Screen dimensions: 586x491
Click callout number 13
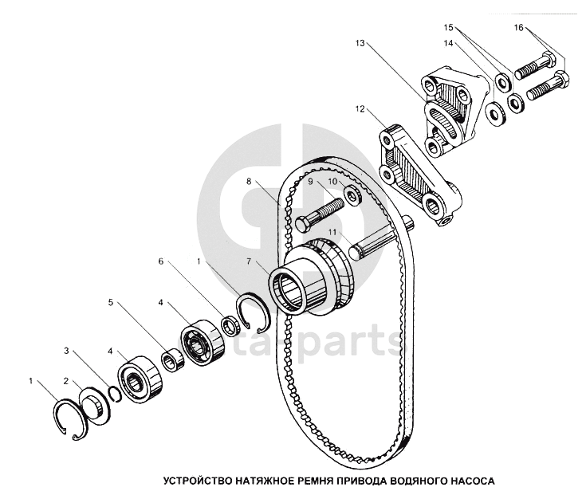(360, 43)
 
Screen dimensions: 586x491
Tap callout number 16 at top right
(519, 27)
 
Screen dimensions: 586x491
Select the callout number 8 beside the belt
(249, 181)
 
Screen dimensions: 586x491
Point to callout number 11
(332, 232)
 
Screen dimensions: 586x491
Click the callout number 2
(66, 381)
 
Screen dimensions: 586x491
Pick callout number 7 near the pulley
(249, 261)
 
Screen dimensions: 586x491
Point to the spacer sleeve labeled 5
(173, 359)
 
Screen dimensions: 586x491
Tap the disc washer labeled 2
(96, 407)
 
